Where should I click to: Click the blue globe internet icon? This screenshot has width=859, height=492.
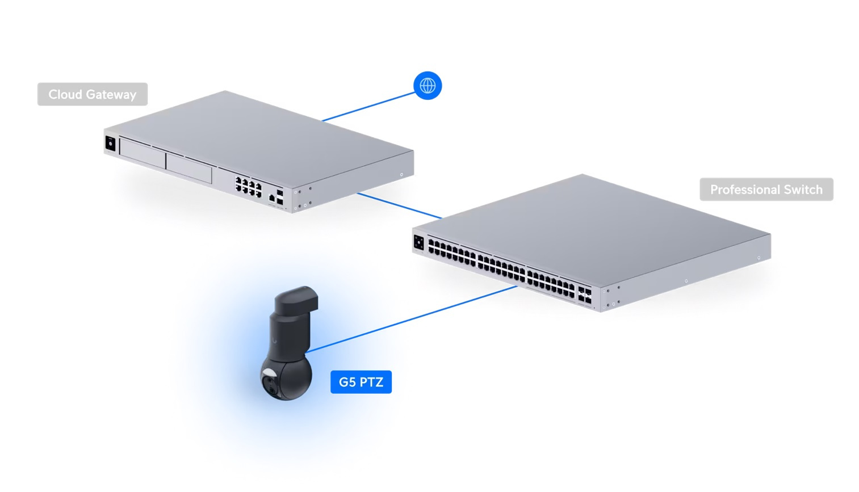click(428, 86)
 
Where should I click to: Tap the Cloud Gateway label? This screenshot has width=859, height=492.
click(92, 94)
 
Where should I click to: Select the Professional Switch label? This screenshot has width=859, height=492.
click(766, 190)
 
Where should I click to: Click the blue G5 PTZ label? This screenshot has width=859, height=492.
click(361, 382)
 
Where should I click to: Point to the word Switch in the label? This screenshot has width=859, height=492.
click(803, 190)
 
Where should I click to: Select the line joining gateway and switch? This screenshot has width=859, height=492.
click(399, 205)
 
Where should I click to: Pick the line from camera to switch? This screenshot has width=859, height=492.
click(409, 318)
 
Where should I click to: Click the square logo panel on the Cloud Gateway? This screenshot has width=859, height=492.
click(110, 144)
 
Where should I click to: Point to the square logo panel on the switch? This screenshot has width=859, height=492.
click(419, 242)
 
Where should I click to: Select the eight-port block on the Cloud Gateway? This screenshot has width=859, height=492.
click(249, 186)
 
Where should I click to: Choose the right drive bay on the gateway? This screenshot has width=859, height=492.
click(189, 167)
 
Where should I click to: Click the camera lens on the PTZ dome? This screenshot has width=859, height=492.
click(271, 385)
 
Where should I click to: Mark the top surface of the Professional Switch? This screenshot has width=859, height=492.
click(590, 221)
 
